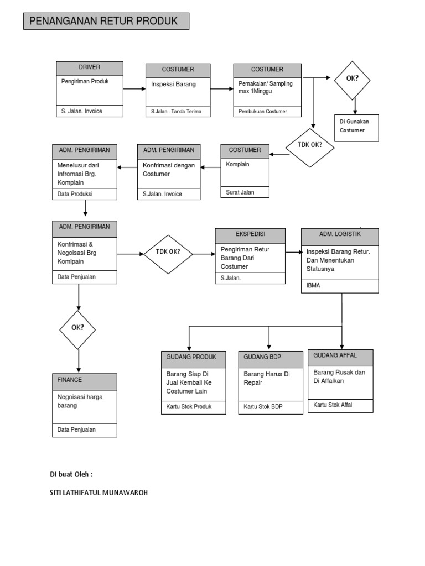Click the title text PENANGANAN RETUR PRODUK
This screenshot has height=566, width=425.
pos(103,22)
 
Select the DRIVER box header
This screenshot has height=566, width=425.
pos(89,67)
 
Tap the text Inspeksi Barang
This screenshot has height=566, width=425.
pos(174,85)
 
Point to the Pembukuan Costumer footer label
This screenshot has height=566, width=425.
pos(263,112)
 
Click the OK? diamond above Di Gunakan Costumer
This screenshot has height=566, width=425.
pos(352,79)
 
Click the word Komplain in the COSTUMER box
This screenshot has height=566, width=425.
pos(238,165)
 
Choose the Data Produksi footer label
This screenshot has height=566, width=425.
pos(75,194)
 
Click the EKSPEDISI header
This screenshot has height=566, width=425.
pos(250,234)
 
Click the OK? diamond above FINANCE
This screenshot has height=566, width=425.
pos(77,329)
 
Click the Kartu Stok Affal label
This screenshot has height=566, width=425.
pos(333,405)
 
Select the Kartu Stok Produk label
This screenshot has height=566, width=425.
pos(189,407)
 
